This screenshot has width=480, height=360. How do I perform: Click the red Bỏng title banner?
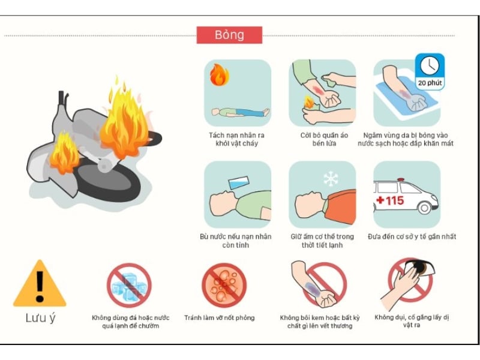coord(229,35)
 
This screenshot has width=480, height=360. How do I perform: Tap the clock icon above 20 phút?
coord(429,65)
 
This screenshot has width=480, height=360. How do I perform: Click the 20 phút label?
coord(430,83)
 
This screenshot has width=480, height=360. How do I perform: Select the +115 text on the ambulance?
coord(390,200)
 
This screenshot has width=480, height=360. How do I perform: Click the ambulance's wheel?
coord(424,208)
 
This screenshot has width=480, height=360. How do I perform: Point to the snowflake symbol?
coord(331,179)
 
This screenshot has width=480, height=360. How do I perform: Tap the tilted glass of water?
coord(239,182)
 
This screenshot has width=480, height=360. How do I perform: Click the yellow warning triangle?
coord(40,283)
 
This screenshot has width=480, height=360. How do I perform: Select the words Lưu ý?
coord(40,318)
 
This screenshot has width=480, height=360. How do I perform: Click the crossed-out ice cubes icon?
coord(129,286)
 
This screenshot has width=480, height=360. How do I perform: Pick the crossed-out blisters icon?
coord(224,286)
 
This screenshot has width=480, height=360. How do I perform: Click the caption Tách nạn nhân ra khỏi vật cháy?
coord(236,139)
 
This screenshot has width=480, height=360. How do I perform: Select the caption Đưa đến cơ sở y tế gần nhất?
coord(412,236)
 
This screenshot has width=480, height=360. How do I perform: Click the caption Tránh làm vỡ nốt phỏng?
coord(220,318)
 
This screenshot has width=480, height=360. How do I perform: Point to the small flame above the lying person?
coord(219,74)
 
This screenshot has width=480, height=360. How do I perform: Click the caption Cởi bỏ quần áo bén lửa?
coord(324,139)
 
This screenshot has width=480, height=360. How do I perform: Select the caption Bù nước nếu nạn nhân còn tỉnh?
coord(235,241)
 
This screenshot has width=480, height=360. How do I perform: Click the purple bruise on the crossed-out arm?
coord(312,289)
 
